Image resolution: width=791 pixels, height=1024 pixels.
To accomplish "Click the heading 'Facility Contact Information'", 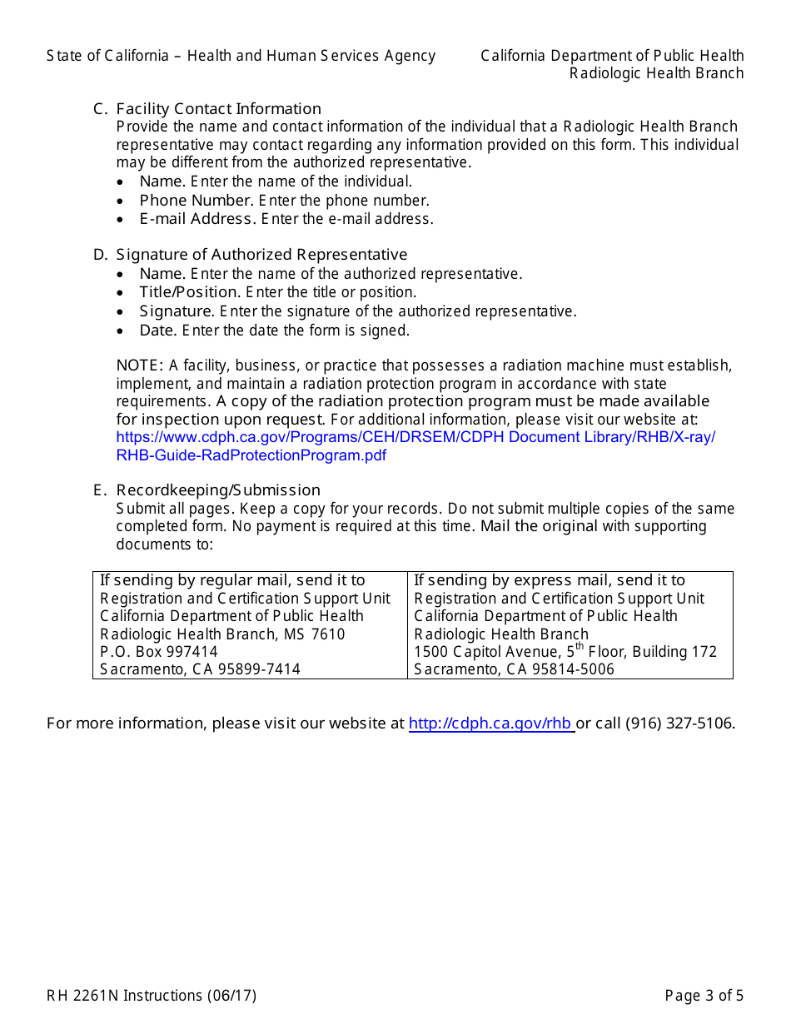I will point(218,109).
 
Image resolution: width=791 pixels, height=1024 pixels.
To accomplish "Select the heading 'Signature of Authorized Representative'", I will point(261,255).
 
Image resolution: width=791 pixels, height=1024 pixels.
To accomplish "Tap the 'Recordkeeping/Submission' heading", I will point(218,490).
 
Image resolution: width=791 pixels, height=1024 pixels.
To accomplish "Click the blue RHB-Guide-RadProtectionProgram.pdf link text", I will point(251,455).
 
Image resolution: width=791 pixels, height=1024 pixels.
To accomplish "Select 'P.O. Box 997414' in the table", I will point(159,652).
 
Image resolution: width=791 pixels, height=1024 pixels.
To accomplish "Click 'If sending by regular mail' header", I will point(232,580).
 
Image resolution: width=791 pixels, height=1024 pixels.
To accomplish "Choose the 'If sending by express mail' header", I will point(550,580).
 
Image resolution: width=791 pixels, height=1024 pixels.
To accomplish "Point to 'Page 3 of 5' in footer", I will point(704,996).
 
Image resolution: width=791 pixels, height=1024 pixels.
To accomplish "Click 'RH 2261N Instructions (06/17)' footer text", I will point(152,996).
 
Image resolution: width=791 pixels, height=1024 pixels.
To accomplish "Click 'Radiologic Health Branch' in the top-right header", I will point(656,73).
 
